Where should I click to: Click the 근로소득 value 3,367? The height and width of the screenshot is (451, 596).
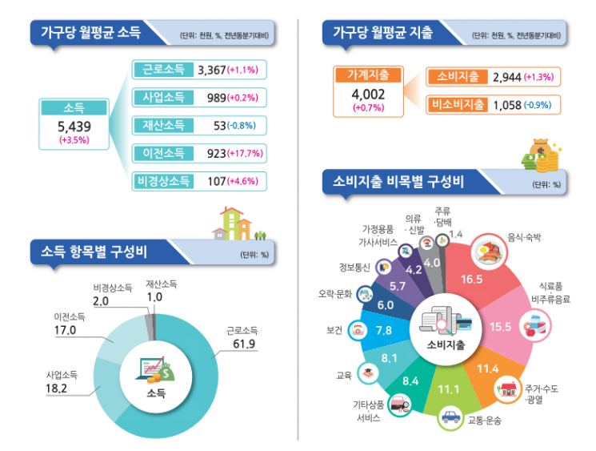click(x=211, y=70)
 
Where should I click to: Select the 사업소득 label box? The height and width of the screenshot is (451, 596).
click(x=163, y=98)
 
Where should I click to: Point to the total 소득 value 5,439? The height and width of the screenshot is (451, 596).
click(x=74, y=127)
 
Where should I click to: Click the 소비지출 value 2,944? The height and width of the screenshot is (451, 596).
click(x=507, y=77)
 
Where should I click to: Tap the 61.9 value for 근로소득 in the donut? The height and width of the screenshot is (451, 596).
click(x=242, y=344)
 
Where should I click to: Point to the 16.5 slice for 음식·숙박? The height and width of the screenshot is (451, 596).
click(x=472, y=280)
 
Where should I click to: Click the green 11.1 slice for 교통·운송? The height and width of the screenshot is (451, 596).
click(x=447, y=389)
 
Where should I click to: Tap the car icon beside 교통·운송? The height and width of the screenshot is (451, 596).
click(x=451, y=417)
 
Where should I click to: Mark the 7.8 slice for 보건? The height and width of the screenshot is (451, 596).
click(x=382, y=330)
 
